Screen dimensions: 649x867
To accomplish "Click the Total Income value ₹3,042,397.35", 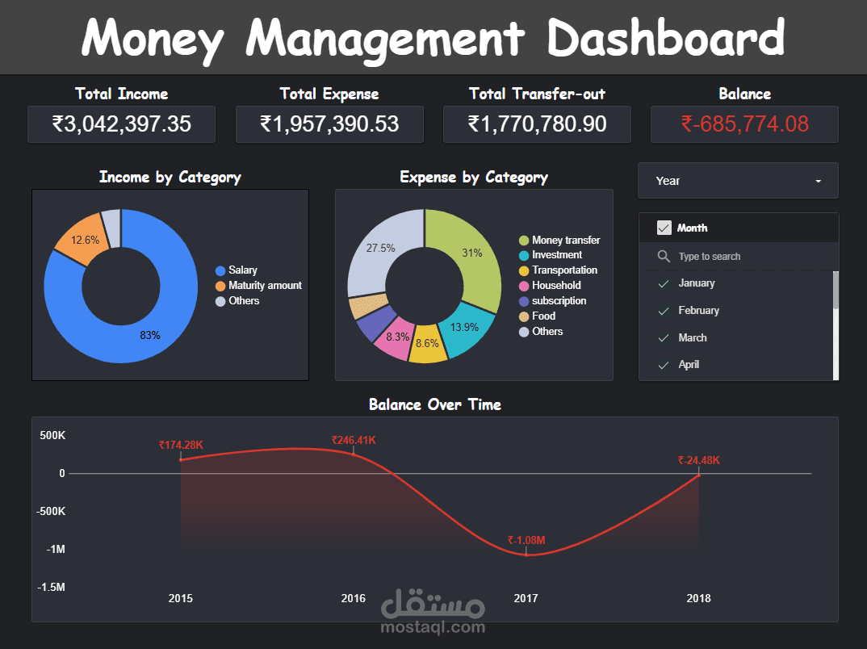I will [x=121, y=124].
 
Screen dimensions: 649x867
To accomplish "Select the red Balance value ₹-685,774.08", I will [x=744, y=124].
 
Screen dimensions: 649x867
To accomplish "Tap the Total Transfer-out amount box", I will [x=537, y=124].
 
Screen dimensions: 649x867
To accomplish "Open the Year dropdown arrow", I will [x=818, y=181].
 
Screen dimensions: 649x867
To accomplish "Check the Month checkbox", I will [x=664, y=228].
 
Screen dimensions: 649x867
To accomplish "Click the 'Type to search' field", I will [x=709, y=256].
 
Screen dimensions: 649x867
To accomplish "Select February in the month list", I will [x=698, y=310].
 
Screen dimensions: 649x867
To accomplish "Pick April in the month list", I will [x=689, y=364].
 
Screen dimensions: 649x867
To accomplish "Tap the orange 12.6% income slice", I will [x=82, y=239].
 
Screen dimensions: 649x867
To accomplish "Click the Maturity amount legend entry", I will [x=264, y=285].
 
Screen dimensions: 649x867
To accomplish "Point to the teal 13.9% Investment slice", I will [x=463, y=326].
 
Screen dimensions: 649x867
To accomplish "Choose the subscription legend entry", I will [x=559, y=300].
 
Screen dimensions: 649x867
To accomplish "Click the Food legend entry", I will [x=543, y=316].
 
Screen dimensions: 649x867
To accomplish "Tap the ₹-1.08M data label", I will [x=526, y=540].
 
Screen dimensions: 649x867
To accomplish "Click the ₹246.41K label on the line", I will [x=354, y=440].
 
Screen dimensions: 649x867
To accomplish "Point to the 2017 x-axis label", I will [x=526, y=598].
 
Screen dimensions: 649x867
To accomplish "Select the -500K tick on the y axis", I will [x=51, y=511].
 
